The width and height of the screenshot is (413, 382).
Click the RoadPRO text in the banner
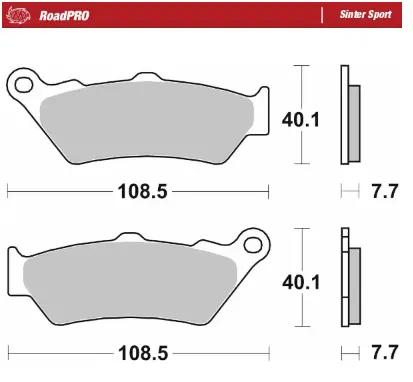click(64, 15)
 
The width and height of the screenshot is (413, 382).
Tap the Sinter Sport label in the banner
click(365, 15)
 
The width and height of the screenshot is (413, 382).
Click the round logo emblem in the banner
click(18, 15)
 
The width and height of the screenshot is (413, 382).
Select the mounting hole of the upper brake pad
click(24, 84)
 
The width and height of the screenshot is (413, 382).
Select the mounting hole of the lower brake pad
click(252, 245)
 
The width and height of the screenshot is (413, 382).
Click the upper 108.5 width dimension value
click(142, 192)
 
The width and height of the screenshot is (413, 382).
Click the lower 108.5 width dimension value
click(143, 353)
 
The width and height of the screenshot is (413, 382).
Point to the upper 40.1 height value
click(301, 120)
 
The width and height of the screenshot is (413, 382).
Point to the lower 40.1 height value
click(301, 282)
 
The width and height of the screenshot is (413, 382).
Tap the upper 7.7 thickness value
click(385, 191)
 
